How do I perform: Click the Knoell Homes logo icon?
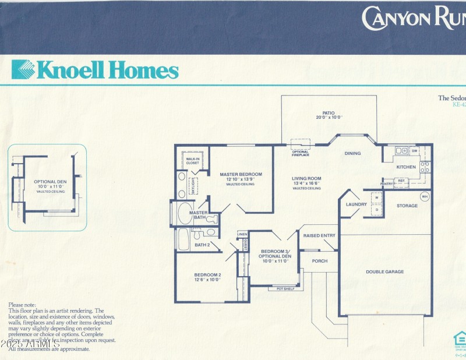click(x=23, y=69)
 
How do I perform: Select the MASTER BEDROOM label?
click(x=241, y=174)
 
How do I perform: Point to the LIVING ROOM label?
click(x=306, y=178)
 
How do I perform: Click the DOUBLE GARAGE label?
click(x=384, y=271)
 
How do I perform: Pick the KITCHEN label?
click(x=406, y=167)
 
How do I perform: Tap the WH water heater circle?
click(x=424, y=196)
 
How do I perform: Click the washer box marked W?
click(x=377, y=198)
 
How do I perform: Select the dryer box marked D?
click(x=377, y=209)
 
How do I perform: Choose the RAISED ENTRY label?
click(x=319, y=235)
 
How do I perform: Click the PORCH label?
click(x=319, y=261)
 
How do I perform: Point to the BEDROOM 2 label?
click(x=207, y=274)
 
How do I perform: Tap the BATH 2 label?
click(x=202, y=245)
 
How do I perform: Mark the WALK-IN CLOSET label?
click(x=192, y=160)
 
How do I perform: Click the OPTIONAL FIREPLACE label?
click(x=301, y=153)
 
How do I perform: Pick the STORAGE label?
click(x=407, y=206)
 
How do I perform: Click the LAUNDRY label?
click(x=356, y=204)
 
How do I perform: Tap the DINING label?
click(x=352, y=154)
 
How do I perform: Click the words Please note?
click(x=22, y=305)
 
